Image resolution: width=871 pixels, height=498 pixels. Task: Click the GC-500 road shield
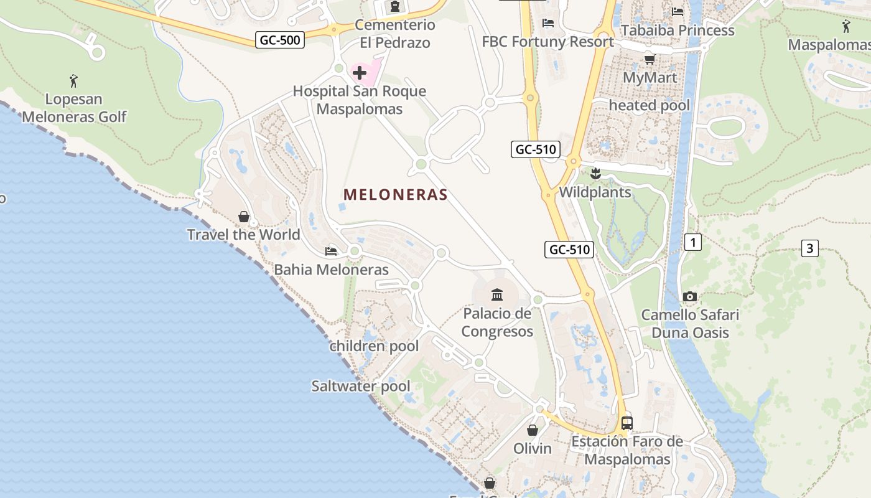click(x=280, y=40)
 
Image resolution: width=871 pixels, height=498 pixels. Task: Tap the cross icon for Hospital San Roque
click(x=360, y=73)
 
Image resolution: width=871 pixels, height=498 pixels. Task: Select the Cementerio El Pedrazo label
click(x=395, y=34)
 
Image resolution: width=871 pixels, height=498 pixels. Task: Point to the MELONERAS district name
click(x=396, y=195)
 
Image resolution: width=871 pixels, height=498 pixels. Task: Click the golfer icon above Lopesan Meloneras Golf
click(x=74, y=80)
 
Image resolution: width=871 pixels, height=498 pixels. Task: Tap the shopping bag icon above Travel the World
click(x=244, y=217)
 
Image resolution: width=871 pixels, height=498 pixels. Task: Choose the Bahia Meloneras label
click(x=331, y=270)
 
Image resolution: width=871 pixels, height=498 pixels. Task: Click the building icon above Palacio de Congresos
click(x=497, y=294)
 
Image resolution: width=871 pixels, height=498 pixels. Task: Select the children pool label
click(x=374, y=346)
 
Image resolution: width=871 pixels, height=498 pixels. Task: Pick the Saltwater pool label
click(x=361, y=386)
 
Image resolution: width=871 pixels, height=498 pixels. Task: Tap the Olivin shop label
click(x=533, y=448)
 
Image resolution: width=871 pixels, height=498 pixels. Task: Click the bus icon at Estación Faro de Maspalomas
click(x=627, y=423)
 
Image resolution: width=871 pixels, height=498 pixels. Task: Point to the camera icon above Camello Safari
click(x=690, y=297)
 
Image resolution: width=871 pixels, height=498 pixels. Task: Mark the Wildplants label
click(x=595, y=192)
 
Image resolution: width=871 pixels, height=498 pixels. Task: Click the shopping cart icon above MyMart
click(x=650, y=59)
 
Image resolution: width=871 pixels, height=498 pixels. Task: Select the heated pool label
click(x=650, y=105)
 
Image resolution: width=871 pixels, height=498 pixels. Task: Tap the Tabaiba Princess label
click(x=678, y=30)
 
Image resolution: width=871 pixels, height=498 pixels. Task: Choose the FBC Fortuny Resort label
click(x=547, y=42)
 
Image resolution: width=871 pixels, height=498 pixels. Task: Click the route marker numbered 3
click(x=809, y=248)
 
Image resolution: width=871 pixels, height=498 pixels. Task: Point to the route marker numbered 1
click(x=692, y=242)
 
